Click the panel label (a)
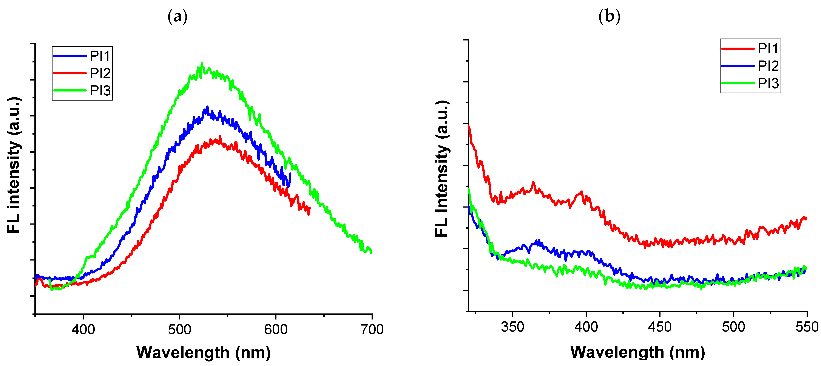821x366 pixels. (x=177, y=17)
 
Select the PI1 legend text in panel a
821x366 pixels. (x=100, y=56)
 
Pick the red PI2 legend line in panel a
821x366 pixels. (x=69, y=73)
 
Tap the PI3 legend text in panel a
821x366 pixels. (x=100, y=91)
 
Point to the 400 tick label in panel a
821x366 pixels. (x=83, y=329)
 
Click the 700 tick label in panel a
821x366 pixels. (x=372, y=329)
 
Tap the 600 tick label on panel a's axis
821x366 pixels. (x=276, y=329)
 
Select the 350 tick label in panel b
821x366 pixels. (x=512, y=327)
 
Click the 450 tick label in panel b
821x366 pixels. (x=660, y=327)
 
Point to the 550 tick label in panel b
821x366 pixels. (x=806, y=327)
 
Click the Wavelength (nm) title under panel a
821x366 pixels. (x=203, y=353)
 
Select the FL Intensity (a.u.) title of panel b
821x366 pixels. (x=442, y=169)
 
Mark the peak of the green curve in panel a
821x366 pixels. (x=201, y=64)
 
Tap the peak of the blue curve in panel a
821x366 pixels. (x=207, y=107)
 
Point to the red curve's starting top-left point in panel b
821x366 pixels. (x=469, y=126)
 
